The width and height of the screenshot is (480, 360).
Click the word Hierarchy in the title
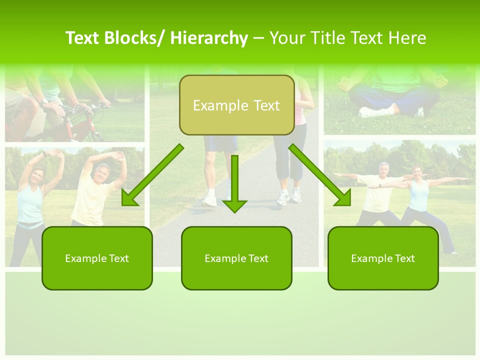(209, 38)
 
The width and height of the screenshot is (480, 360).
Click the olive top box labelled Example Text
(236, 105)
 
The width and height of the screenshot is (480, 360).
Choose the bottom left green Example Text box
(97, 258)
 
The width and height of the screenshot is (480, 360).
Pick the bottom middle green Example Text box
(236, 258)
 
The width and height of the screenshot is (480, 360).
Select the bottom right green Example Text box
(383, 258)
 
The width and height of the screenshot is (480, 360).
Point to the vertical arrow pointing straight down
(234, 185)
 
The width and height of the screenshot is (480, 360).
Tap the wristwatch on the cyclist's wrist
(45, 101)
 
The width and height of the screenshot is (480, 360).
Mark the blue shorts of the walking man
(220, 144)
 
